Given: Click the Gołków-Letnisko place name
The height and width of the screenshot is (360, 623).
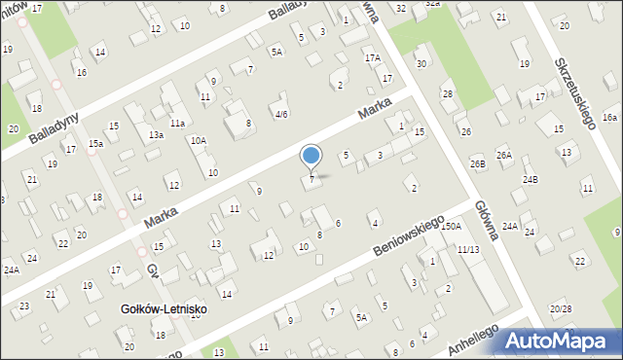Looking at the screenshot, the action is click(x=163, y=309).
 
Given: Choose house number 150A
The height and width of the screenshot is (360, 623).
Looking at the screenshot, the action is click(x=450, y=226).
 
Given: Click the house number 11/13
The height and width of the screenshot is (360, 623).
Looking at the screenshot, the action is click(x=468, y=250).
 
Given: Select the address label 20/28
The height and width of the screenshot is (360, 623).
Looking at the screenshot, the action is click(x=560, y=308).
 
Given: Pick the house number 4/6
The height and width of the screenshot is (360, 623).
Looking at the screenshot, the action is click(x=280, y=114).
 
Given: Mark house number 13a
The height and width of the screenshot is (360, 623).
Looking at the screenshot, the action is click(x=156, y=135).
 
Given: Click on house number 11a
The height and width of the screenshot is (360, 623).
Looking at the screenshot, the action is click(x=177, y=124).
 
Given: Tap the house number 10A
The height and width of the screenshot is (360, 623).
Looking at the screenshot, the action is click(x=199, y=140).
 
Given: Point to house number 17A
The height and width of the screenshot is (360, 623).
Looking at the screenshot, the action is click(x=373, y=58).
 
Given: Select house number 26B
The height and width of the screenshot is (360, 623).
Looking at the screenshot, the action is click(x=477, y=164).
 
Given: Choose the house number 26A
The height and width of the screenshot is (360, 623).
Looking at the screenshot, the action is click(x=503, y=155).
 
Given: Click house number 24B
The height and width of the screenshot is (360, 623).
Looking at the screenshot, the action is click(x=530, y=180).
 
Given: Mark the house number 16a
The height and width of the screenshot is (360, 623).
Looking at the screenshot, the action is click(x=609, y=117).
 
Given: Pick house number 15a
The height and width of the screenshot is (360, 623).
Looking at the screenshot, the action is click(x=95, y=144).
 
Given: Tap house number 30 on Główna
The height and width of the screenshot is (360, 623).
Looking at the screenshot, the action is click(x=421, y=64).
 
